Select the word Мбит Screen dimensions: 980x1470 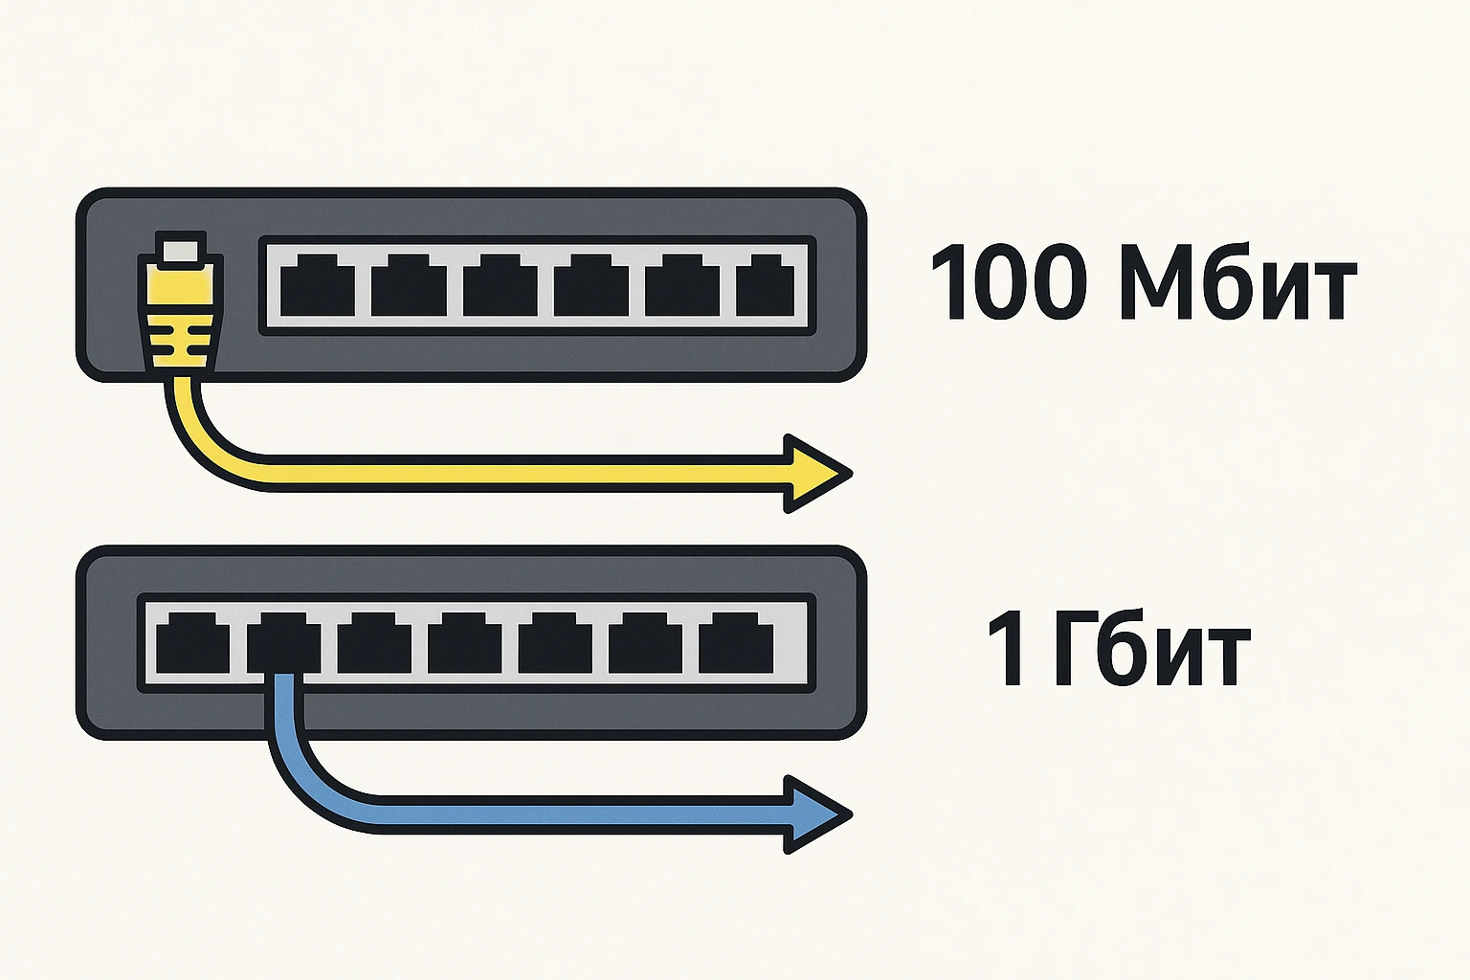[x=1237, y=282]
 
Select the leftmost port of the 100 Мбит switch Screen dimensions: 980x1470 [x=318, y=285]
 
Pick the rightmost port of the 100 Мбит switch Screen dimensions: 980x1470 [x=766, y=285]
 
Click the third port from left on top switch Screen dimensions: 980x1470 [x=500, y=285]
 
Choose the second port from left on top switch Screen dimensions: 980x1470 [x=409, y=285]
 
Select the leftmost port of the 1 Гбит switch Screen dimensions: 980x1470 [x=192, y=643]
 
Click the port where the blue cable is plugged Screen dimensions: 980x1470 [x=283, y=643]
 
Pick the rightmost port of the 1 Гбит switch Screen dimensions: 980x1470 [x=735, y=643]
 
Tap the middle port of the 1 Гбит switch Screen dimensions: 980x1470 [x=464, y=643]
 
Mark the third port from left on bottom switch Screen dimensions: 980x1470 [x=373, y=643]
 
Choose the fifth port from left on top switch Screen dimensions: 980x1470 [x=681, y=285]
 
